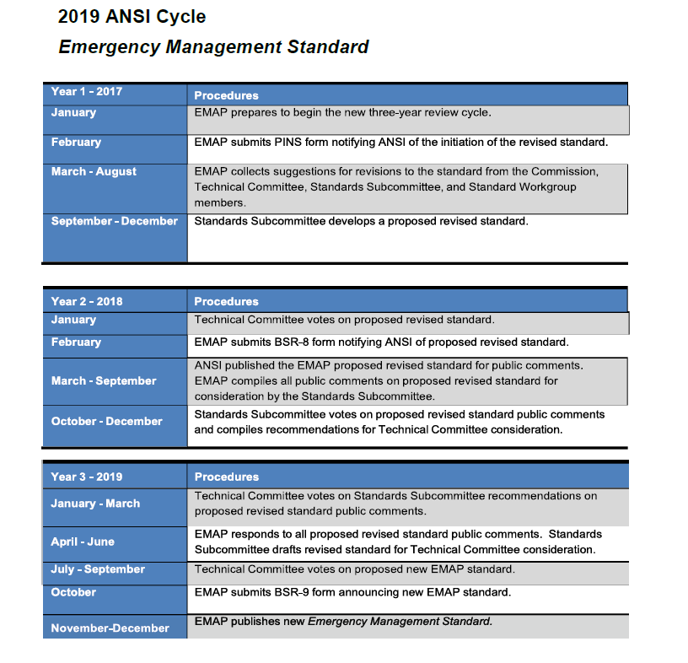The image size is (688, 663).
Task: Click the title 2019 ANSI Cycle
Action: tap(132, 16)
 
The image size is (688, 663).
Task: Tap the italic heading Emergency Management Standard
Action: tap(213, 46)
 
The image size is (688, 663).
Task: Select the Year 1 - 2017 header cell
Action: tap(87, 91)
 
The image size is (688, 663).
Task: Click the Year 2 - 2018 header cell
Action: tap(87, 301)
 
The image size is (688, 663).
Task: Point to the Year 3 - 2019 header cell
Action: tap(87, 477)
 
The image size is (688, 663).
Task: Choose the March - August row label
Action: tap(94, 171)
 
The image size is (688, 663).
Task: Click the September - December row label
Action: tap(115, 221)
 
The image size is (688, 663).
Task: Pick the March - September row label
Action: tap(104, 380)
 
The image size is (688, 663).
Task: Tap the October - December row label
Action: tap(106, 421)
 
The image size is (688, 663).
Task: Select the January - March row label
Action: tap(95, 503)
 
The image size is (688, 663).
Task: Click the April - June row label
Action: tap(83, 542)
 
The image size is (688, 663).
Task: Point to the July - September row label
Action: tap(98, 569)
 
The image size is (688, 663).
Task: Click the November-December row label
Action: tap(110, 628)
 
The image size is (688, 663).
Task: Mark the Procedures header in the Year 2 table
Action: tap(226, 301)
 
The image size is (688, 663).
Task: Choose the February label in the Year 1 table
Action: tap(76, 142)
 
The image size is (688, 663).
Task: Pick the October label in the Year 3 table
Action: tap(73, 592)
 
